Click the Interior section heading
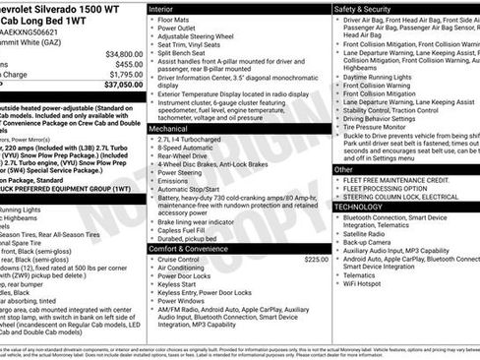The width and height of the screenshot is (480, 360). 161,8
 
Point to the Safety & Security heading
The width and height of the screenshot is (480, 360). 363,8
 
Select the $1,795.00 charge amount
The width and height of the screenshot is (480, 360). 126,74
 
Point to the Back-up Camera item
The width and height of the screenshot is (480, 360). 366,241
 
